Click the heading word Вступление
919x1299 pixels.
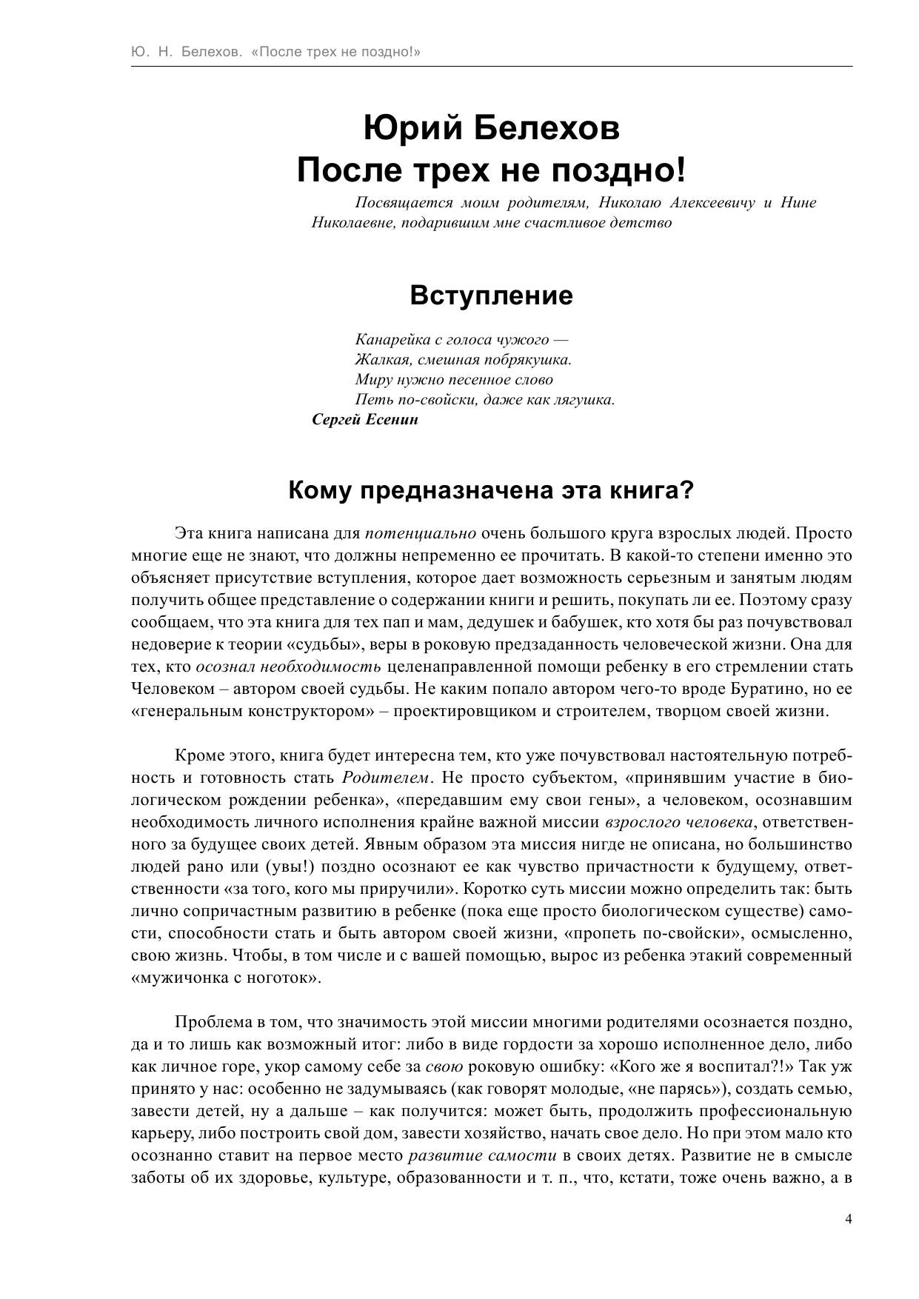click(491, 296)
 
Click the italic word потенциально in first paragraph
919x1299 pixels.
click(421, 533)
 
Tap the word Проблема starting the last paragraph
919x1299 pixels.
click(213, 1023)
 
